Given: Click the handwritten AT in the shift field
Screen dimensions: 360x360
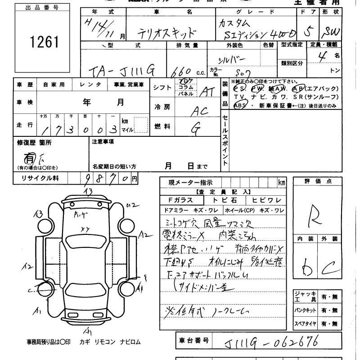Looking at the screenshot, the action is pos(207,92).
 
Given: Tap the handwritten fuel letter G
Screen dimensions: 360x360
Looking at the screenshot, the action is pos(196,129).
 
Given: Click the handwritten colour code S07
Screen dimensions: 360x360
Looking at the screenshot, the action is pos(246,71).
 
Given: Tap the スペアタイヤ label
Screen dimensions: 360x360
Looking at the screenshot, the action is pos(306,323).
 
